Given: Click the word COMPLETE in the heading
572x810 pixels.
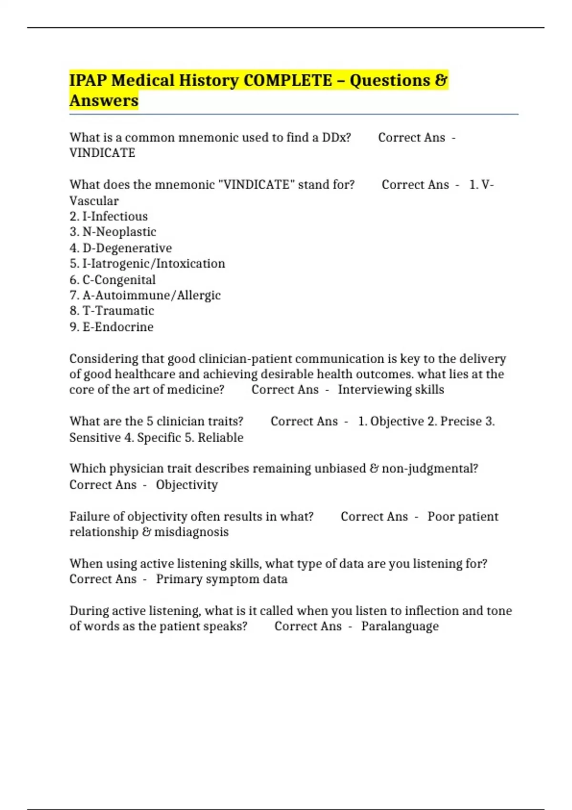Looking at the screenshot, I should click(x=287, y=81).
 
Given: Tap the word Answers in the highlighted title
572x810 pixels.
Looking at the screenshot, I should click(x=104, y=101).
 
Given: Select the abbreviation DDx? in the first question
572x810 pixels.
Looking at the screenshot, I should click(x=337, y=138).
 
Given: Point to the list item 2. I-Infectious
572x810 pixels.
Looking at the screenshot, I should click(x=109, y=216).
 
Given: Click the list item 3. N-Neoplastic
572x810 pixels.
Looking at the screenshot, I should click(x=113, y=232).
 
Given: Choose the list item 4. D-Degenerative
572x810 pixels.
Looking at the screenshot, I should click(x=121, y=248).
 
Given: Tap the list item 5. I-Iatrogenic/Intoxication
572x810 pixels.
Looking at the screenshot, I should click(x=147, y=263).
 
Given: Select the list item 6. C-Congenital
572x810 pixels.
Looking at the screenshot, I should click(x=112, y=280).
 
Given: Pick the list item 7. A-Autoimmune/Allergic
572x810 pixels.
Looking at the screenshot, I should click(x=145, y=295).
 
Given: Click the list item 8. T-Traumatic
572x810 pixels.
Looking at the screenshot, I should click(x=112, y=311).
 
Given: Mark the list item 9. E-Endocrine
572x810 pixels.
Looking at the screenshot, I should click(x=112, y=327).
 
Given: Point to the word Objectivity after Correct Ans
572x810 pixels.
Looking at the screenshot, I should click(x=187, y=485).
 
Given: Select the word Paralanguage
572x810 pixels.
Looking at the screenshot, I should click(x=400, y=626).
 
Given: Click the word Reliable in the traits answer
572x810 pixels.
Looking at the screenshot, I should click(x=221, y=437).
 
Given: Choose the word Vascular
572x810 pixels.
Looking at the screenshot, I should click(x=94, y=201).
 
